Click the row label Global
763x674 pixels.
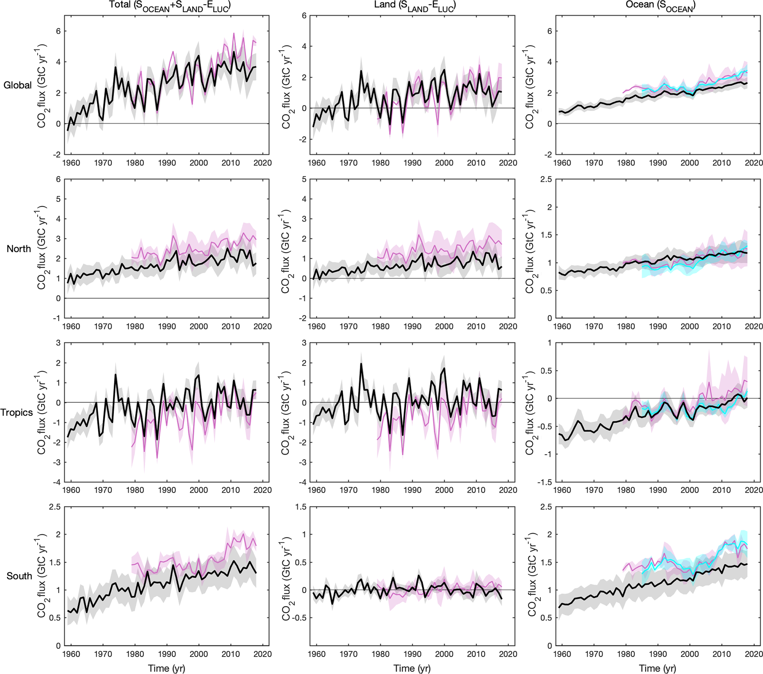coord(17,86)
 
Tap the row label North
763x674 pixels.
coord(19,249)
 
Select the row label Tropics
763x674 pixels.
coord(16,412)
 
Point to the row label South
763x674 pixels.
coord(19,576)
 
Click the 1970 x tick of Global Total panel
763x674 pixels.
coord(103,163)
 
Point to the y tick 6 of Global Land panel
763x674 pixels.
coord(304,16)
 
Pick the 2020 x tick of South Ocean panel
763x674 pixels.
coord(753,654)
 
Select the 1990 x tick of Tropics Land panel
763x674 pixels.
coord(412,490)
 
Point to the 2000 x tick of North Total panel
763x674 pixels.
coord(199,327)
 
